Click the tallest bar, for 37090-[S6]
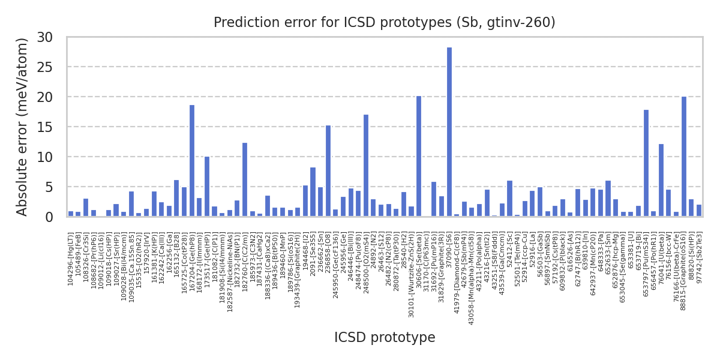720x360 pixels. click(449, 132)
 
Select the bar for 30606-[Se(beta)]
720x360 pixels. click(419, 156)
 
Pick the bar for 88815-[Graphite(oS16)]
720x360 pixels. click(683, 156)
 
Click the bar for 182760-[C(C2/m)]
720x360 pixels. click(245, 179)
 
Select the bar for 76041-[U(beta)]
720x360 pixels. click(661, 180)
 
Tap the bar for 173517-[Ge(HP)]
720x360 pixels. click(207, 187)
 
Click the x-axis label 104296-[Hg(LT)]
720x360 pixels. click(71, 259)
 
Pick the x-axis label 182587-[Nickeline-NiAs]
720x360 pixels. click(230, 268)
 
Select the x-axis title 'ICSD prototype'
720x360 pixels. click(385, 338)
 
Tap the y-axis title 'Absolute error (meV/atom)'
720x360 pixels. click(23, 127)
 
